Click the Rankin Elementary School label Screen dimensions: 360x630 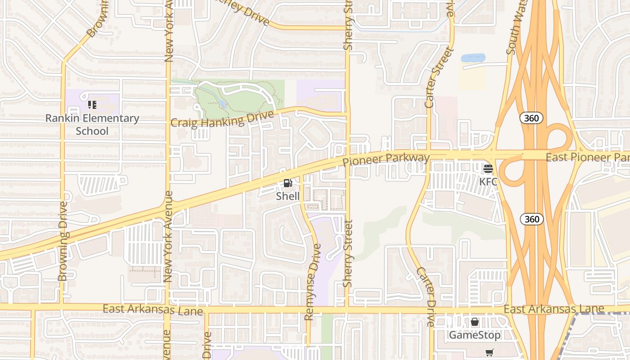pyautogui.click(x=92, y=125)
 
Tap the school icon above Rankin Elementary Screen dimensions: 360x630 pyautogui.click(x=92, y=105)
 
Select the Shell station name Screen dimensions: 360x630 pyautogui.click(x=288, y=196)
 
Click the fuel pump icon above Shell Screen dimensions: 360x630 pyautogui.click(x=288, y=183)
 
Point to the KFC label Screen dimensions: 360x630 pyautogui.click(x=488, y=182)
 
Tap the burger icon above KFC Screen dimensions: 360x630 pyautogui.click(x=488, y=169)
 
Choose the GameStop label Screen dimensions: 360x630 pyautogui.click(x=475, y=335)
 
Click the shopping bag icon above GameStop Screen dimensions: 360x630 pyautogui.click(x=475, y=322)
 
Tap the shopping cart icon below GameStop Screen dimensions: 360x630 pyautogui.click(x=490, y=352)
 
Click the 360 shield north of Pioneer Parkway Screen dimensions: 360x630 pyautogui.click(x=531, y=118)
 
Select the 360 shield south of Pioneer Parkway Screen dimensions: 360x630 pyautogui.click(x=531, y=219)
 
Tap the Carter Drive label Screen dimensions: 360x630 pyautogui.click(x=425, y=297)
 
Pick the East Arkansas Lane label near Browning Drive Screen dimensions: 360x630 pyautogui.click(x=153, y=310)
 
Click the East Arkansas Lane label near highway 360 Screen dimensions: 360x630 pyautogui.click(x=553, y=309)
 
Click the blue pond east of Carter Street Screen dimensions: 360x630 pyautogui.click(x=473, y=58)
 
